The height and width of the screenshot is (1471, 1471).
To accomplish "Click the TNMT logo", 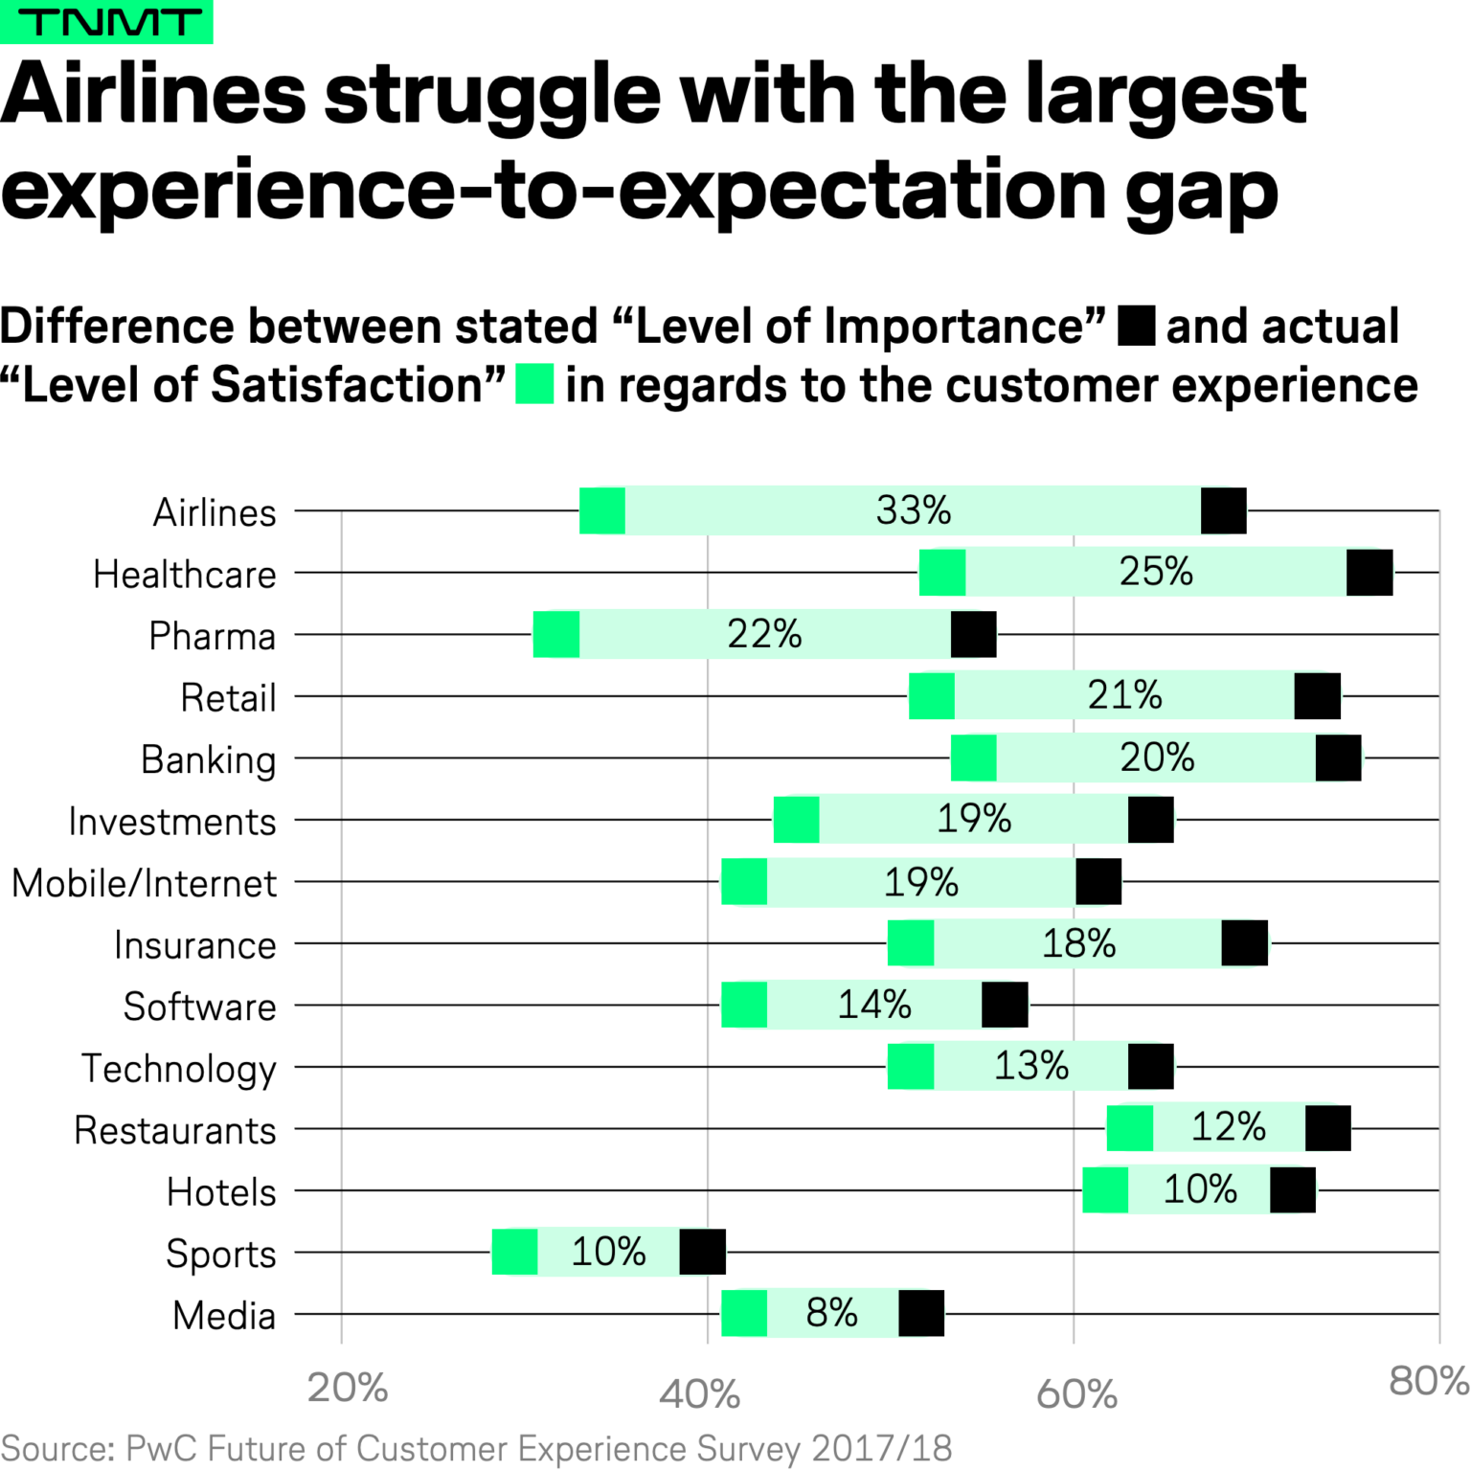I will pos(106,21).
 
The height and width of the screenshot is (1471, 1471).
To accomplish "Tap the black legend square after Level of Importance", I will pos(1136,326).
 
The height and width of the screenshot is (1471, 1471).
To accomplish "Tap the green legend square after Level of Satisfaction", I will pos(534,384).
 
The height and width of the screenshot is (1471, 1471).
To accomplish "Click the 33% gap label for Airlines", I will pos(913,510).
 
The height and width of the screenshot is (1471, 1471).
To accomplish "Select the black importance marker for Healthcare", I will pos(1369,573).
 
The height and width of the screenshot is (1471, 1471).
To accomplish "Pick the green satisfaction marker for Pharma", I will pos(556,634).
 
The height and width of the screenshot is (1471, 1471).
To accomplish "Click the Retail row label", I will pos(228,697).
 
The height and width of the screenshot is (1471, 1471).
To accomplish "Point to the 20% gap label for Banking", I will pos(1157,758).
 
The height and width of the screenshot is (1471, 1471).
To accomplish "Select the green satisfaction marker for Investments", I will pos(797,820).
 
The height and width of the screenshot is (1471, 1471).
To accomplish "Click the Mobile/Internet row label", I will pos(144,883).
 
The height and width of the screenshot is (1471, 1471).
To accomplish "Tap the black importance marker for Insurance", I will pos(1245,943).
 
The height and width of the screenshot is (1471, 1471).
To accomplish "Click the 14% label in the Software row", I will pos(873,1005).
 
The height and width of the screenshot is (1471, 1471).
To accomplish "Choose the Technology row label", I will pos(178,1069).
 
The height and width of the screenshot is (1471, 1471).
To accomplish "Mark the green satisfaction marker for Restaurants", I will pos(1130,1128).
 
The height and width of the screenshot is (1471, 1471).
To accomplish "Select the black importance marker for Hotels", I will pos(1293,1190).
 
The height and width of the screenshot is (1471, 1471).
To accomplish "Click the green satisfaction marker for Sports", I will pos(515,1252).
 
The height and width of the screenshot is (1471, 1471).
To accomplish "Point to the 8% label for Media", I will pos(831,1313).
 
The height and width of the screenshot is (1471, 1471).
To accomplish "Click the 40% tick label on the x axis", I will pos(700,1394).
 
